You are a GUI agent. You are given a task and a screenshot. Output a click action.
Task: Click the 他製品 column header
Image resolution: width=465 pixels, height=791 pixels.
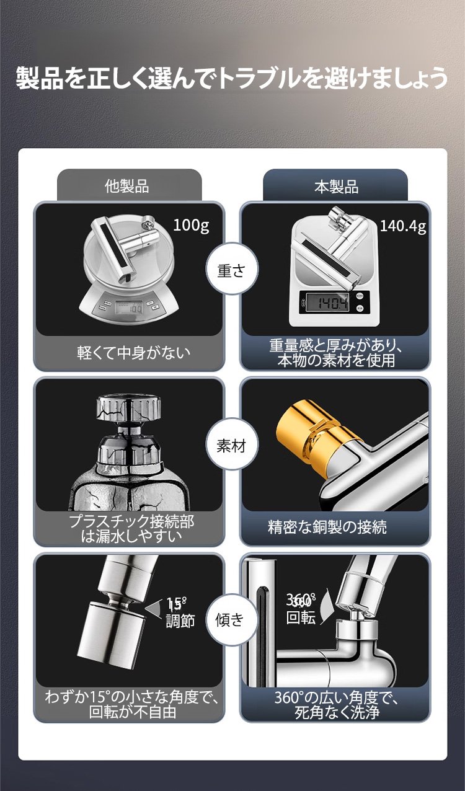(126, 186)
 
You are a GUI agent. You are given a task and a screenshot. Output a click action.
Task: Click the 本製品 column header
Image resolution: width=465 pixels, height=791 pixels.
(336, 187)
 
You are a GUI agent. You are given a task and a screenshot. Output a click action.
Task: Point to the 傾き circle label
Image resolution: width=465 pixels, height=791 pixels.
(230, 619)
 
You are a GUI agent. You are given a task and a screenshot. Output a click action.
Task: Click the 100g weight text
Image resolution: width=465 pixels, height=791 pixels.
(191, 225)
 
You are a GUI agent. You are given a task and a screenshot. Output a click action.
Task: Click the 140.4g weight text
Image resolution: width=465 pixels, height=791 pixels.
(403, 226)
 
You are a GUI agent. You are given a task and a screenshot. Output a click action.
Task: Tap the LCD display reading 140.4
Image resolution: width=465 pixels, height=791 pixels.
(327, 303)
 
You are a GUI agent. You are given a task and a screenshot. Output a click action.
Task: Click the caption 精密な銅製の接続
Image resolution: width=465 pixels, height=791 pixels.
(327, 527)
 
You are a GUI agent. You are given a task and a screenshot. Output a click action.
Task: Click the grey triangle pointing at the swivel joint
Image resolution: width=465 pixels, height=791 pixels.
(153, 610)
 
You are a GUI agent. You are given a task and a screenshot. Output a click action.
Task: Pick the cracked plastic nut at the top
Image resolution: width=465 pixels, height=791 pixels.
(129, 410)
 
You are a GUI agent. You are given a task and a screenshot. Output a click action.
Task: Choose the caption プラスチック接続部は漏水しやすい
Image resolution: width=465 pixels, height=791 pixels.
(131, 529)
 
